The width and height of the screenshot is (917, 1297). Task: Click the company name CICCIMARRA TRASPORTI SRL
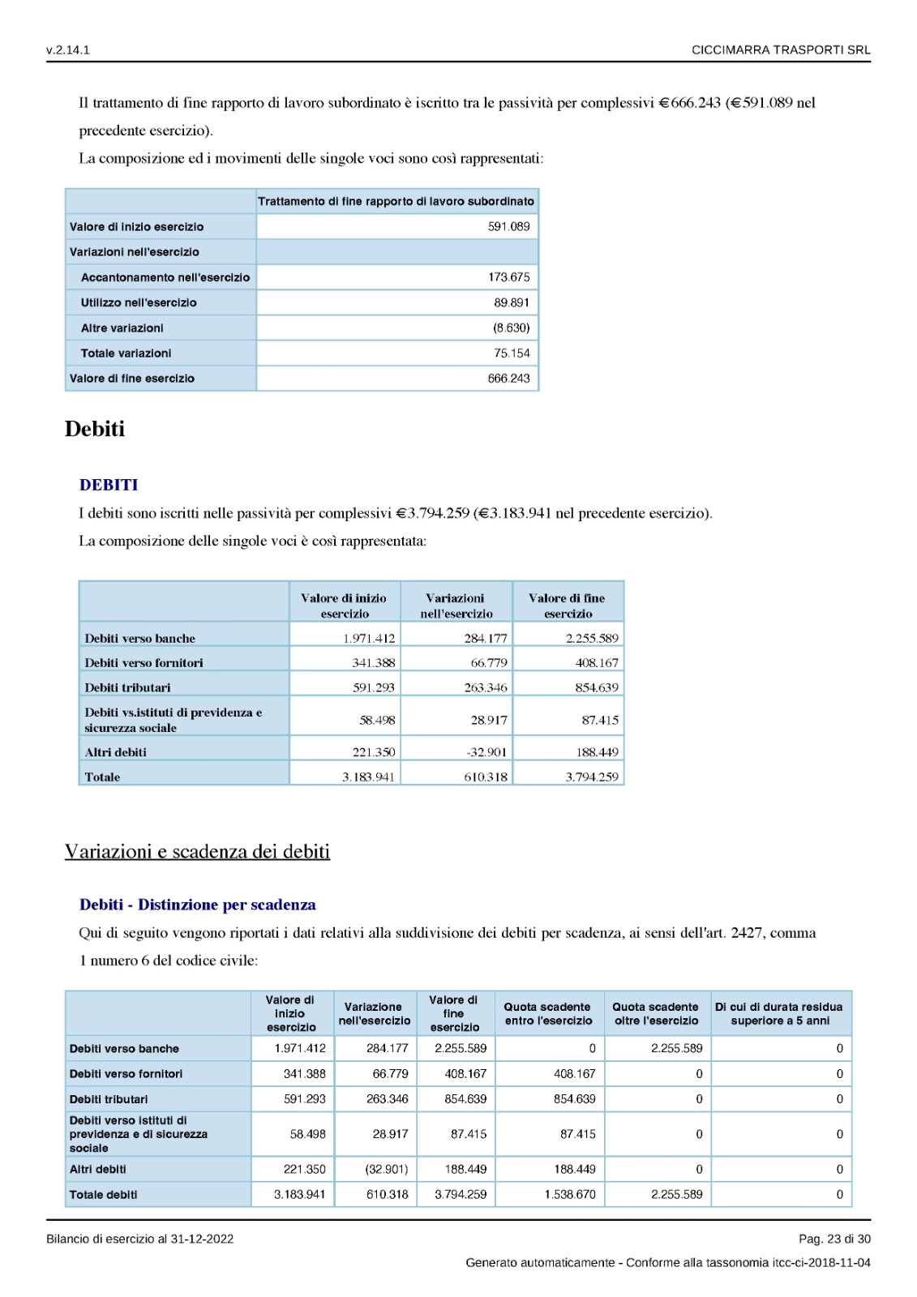pos(781,50)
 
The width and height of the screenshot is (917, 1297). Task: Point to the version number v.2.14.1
pos(68,50)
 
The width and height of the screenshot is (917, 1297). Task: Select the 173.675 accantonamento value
pos(508,277)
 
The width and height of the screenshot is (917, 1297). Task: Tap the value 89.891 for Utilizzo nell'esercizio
pos(512,302)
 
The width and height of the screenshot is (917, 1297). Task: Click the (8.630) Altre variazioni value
pos(511,327)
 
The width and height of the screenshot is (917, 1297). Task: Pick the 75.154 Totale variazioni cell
pos(512,353)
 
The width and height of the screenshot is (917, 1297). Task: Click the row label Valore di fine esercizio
pos(132,379)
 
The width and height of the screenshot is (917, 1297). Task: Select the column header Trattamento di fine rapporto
pos(396,201)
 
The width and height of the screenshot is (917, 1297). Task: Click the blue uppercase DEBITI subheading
pos(109,485)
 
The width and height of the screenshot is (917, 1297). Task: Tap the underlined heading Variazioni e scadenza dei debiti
pos(197,851)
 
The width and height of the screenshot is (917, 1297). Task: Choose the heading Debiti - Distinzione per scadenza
pos(197,905)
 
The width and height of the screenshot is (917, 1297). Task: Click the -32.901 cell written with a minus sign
pos(486,752)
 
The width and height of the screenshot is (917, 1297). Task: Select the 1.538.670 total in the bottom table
pos(570,1194)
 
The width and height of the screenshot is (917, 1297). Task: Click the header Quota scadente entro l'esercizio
pos(548,1013)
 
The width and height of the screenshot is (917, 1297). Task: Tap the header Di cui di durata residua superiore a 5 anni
pos(779,1013)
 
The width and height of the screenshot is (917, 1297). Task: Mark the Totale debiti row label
pos(103,1195)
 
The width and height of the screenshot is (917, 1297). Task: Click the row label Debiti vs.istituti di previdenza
pos(173,720)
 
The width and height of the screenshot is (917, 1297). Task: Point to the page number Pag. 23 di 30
pos(834,1239)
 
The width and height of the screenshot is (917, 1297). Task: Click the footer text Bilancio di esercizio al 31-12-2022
pos(139,1239)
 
